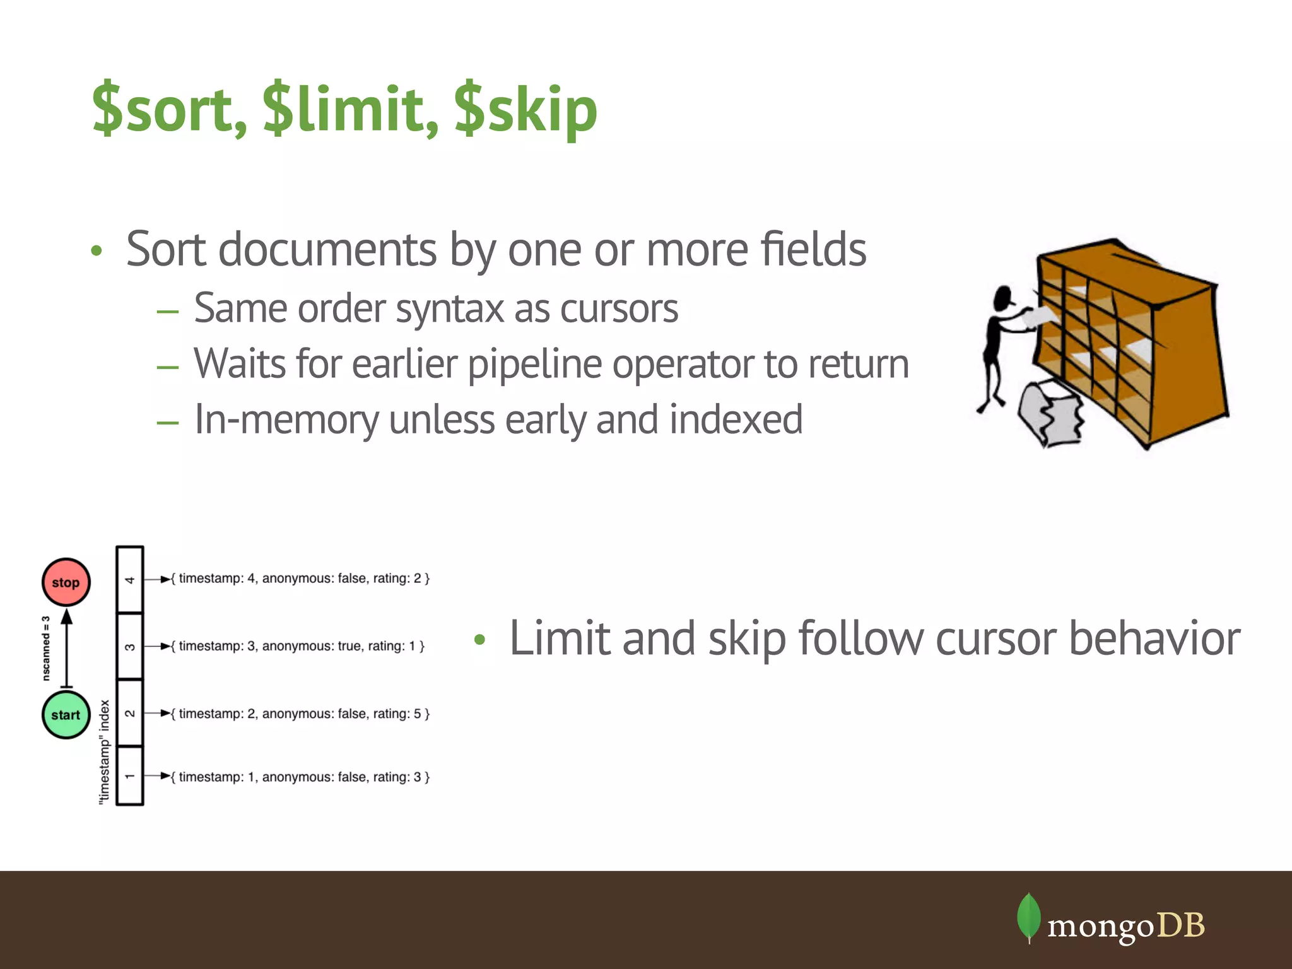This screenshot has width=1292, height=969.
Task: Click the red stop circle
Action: click(66, 582)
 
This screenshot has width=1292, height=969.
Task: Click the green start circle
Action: click(66, 715)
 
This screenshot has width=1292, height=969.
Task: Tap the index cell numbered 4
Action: click(130, 580)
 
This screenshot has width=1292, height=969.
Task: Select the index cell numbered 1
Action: click(130, 776)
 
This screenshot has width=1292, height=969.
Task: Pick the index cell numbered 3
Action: click(130, 647)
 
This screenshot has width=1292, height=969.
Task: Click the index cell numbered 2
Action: click(130, 714)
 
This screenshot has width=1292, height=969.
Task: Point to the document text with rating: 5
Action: click(301, 714)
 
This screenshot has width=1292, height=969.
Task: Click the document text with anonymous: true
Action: click(298, 646)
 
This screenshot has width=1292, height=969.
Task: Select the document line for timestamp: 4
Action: click(301, 578)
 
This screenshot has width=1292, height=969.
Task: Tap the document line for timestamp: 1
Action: click(301, 777)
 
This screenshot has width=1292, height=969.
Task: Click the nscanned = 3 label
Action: click(46, 649)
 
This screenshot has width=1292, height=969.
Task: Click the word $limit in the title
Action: click(350, 110)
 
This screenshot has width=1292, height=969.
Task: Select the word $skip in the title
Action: click(526, 111)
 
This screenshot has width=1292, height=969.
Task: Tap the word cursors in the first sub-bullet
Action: click(618, 308)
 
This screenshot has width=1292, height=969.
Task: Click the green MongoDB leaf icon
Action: click(1028, 917)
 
